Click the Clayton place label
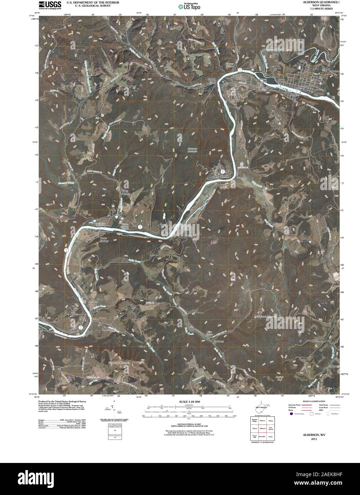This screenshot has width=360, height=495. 81,96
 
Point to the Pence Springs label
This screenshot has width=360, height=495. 104,239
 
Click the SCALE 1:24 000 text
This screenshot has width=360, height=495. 187,402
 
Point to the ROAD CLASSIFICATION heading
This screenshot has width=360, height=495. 311,401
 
